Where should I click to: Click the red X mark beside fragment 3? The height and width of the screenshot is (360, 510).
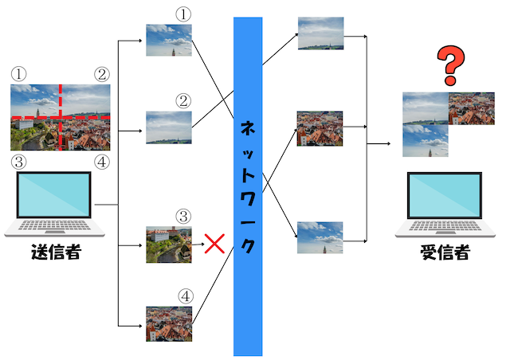pyautogui.click(x=214, y=244)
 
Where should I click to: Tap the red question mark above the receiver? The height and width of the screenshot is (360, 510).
pyautogui.click(x=451, y=65)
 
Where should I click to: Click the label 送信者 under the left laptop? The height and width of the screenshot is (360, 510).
pyautogui.click(x=57, y=252)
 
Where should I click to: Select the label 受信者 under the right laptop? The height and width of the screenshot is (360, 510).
pyautogui.click(x=445, y=252)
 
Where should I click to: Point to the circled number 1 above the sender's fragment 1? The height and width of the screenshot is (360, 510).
pyautogui.click(x=183, y=14)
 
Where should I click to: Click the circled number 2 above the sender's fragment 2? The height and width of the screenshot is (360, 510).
pyautogui.click(x=183, y=101)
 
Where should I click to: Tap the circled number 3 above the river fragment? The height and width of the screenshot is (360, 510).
pyautogui.click(x=183, y=217)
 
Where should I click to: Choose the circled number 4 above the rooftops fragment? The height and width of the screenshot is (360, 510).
pyautogui.click(x=186, y=296)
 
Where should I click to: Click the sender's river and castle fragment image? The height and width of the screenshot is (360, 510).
pyautogui.click(x=169, y=245)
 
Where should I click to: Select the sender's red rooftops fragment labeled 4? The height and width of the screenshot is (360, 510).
pyautogui.click(x=169, y=324)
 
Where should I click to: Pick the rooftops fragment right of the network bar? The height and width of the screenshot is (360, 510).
pyautogui.click(x=320, y=128)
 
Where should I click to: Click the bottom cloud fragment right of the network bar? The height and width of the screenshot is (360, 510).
pyautogui.click(x=320, y=237)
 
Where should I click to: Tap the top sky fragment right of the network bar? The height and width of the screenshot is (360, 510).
pyautogui.click(x=320, y=33)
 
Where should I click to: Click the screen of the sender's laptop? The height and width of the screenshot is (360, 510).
pyautogui.click(x=54, y=194)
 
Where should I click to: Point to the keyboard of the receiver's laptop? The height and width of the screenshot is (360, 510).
pyautogui.click(x=445, y=225)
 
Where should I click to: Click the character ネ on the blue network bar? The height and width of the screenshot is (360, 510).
pyautogui.click(x=248, y=129)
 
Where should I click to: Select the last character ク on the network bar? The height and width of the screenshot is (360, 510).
pyautogui.click(x=248, y=245)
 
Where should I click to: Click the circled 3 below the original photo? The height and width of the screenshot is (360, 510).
pyautogui.click(x=19, y=162)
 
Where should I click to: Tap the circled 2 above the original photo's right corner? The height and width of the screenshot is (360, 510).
pyautogui.click(x=102, y=75)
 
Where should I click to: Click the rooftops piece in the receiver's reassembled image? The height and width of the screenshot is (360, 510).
pyautogui.click(x=472, y=108)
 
